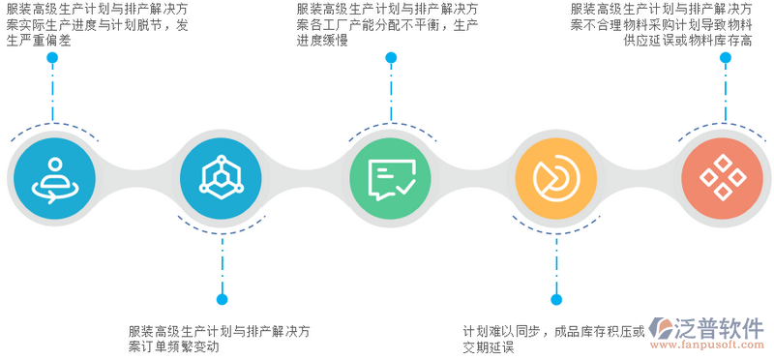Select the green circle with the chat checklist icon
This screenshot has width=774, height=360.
pos(392,175)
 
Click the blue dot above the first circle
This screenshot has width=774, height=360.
pos(52,57)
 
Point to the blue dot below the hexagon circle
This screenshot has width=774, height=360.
pos(222,299)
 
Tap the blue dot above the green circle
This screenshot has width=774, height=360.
pos(391,57)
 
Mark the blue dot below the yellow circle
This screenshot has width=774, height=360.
pos(555,299)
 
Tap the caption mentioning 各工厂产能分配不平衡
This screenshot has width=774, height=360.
pos(386,24)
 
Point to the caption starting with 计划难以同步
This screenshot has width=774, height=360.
pos(552,330)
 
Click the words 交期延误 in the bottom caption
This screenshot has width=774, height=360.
pos(488,346)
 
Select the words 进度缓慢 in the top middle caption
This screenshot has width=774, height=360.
pos(322,41)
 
